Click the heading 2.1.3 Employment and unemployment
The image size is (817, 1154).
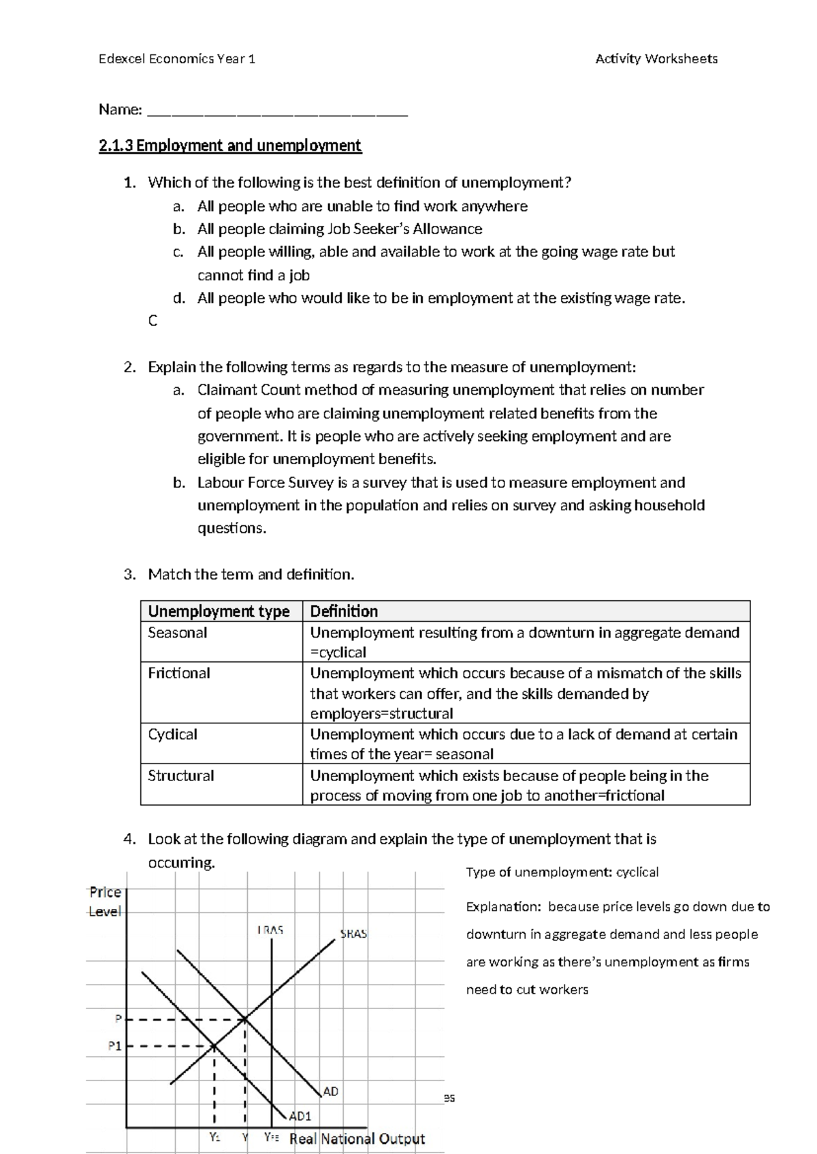coord(229,146)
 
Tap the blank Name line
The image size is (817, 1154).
coord(277,111)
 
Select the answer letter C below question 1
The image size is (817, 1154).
coord(153,320)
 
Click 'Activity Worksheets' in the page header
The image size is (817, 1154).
coord(656,59)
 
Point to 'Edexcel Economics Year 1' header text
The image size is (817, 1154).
coord(177,59)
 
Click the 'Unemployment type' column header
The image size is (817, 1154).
coord(219,611)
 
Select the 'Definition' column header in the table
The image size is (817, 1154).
coord(344,611)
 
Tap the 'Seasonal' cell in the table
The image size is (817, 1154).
coord(178,633)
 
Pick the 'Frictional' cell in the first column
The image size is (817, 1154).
coord(179,673)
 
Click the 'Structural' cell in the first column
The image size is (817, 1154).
coord(180,776)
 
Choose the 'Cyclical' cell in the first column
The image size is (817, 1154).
coord(172,735)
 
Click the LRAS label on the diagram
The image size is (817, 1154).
coord(270,930)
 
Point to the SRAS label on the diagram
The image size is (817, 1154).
coord(353,934)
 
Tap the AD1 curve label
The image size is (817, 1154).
coord(300,1116)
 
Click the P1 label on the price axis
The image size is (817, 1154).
coord(114,1046)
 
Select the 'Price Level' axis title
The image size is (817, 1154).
coord(106,902)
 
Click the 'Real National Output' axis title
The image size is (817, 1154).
coord(357,1139)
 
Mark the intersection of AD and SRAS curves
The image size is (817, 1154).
coord(244,1019)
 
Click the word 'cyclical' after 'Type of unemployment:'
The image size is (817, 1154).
coord(637,872)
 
